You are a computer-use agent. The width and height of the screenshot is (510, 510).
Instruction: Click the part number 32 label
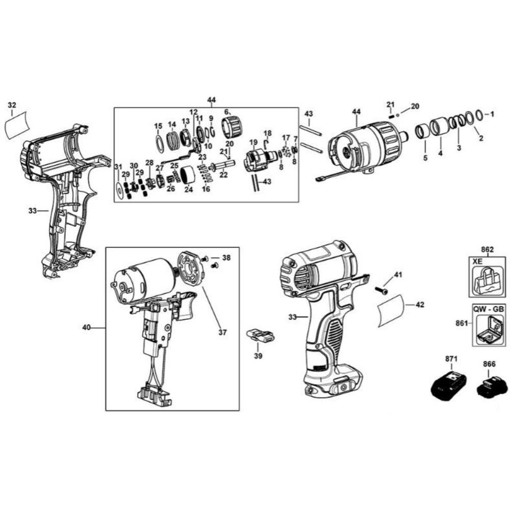click(x=12, y=105)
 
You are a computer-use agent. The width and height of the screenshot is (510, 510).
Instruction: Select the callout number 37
click(x=222, y=333)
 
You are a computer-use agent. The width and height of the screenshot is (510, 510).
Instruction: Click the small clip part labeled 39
click(x=260, y=336)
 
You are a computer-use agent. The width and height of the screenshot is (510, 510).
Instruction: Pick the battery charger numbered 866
click(x=492, y=388)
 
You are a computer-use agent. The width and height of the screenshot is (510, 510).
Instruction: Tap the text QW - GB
click(x=489, y=309)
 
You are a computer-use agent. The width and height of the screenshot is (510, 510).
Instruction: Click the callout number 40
click(x=87, y=327)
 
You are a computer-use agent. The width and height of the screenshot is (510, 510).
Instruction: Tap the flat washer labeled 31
click(x=119, y=190)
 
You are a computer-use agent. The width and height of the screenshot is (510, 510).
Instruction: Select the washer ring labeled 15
click(x=159, y=143)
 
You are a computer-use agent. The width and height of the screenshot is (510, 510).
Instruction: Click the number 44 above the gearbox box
click(x=212, y=100)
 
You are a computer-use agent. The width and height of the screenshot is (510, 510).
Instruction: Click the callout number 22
click(x=223, y=175)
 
